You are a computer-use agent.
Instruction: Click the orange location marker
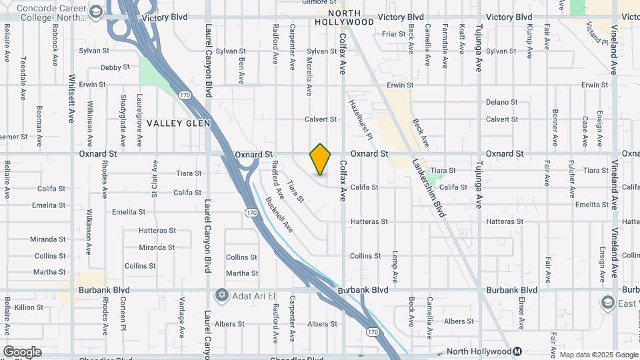click(320, 159)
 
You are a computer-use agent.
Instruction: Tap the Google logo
click(22, 352)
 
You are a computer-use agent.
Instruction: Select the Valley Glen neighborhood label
click(178, 123)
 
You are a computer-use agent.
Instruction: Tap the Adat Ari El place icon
click(221, 295)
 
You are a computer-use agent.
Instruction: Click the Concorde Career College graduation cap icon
click(97, 11)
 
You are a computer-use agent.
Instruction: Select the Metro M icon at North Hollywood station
click(517, 351)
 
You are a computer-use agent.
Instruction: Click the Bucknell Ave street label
click(279, 214)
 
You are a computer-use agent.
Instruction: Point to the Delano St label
click(501, 102)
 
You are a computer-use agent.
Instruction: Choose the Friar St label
click(394, 33)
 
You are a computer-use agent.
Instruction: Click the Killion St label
click(29, 307)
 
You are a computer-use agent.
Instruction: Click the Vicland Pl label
click(597, 30)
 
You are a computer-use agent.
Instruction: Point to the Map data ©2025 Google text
click(598, 355)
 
